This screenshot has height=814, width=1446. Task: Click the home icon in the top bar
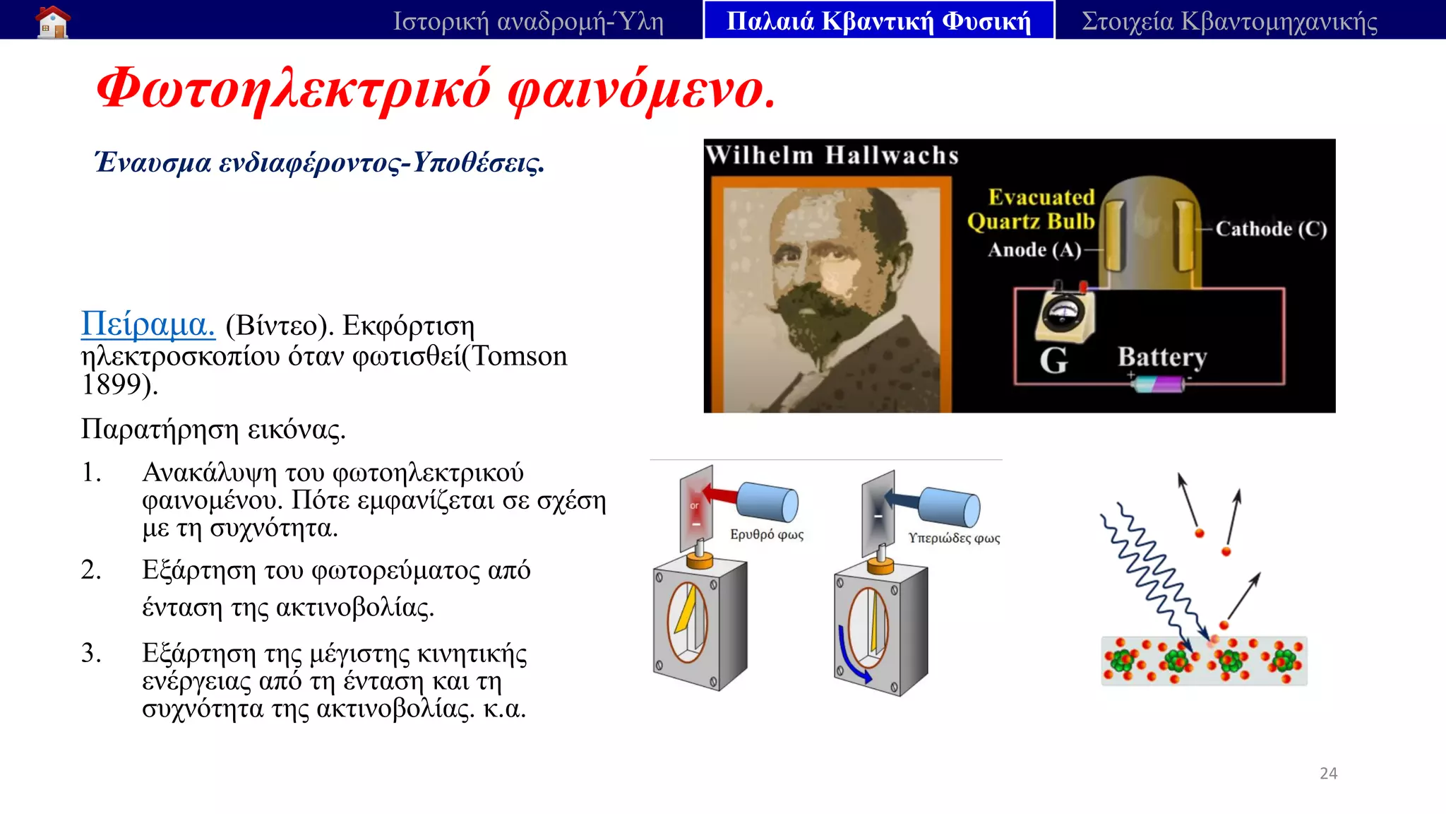click(53, 21)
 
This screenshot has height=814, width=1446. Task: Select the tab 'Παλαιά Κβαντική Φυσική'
click(878, 21)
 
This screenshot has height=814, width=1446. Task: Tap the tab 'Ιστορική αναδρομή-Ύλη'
click(528, 21)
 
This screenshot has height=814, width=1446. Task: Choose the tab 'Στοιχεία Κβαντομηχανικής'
click(1229, 21)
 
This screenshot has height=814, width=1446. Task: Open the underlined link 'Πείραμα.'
click(148, 324)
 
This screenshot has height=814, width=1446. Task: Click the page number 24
click(1328, 773)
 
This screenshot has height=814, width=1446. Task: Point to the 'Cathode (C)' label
click(1271, 229)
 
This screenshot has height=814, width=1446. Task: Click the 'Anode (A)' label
click(1034, 249)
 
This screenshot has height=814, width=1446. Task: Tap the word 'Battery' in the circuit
click(1162, 357)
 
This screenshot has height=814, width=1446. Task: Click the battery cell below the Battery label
click(1161, 384)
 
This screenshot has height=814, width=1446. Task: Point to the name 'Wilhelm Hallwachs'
click(832, 155)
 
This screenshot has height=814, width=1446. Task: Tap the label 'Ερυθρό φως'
click(767, 534)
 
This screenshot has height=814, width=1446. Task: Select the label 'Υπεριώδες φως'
click(954, 538)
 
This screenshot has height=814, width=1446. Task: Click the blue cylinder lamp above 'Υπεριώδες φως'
click(950, 507)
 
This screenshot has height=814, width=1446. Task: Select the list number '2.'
click(91, 570)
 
